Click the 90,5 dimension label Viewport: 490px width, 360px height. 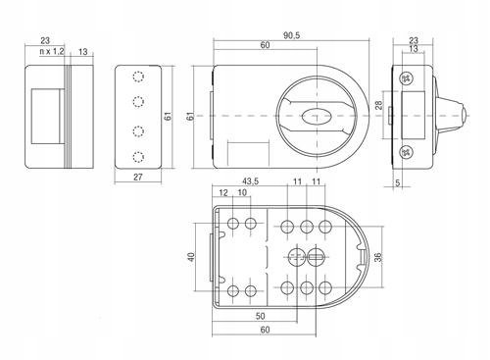pyautogui.click(x=291, y=35)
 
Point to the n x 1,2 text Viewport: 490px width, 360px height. pyautogui.click(x=52, y=51)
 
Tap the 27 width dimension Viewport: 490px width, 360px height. pyautogui.click(x=138, y=177)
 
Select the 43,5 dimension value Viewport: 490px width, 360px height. pyautogui.click(x=250, y=181)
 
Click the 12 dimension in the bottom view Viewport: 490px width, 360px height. pyautogui.click(x=223, y=192)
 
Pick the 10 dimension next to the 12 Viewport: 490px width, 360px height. pyautogui.click(x=242, y=192)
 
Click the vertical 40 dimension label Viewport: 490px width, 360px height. pyautogui.click(x=191, y=257)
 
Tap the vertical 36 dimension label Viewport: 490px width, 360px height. pyautogui.click(x=378, y=257)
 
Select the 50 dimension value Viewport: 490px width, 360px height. pyautogui.click(x=261, y=316)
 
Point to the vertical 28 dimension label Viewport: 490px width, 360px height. pyautogui.click(x=378, y=105)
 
